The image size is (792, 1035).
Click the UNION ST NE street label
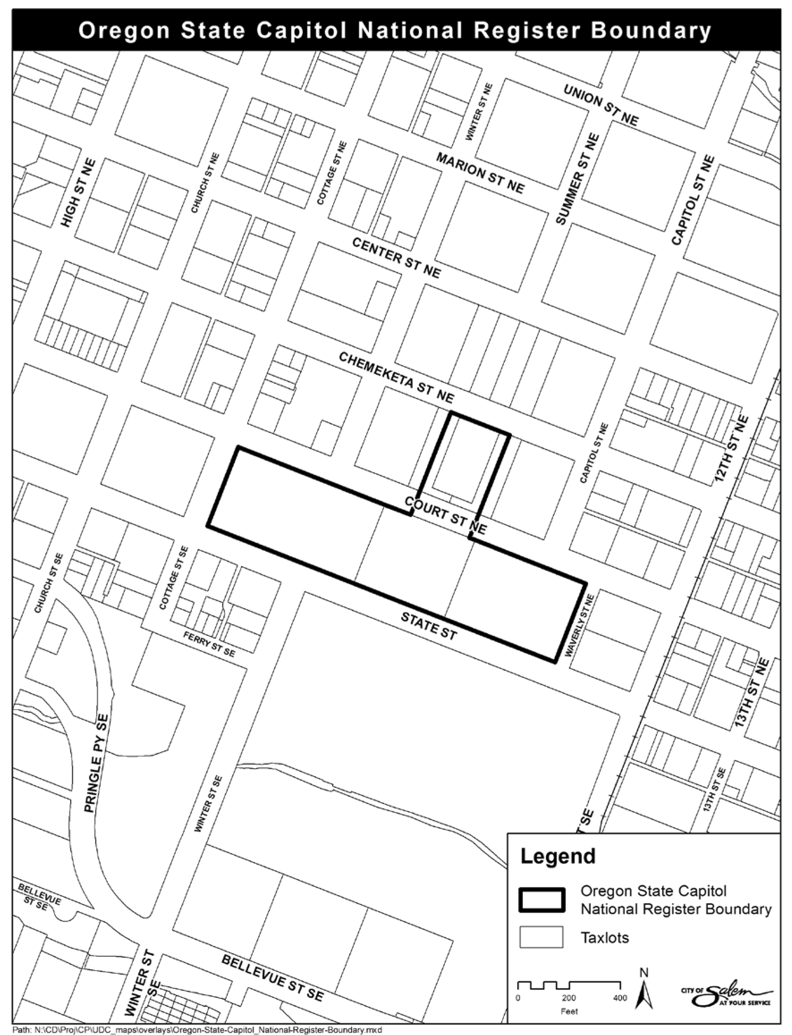coord(601,105)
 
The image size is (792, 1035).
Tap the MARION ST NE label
coord(480,173)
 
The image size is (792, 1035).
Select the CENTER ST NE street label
coord(397,258)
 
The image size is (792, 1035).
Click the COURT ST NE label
coord(445,515)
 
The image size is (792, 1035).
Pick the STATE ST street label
coord(428,626)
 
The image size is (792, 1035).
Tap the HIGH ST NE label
coord(79,193)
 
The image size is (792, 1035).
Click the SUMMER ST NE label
coord(578,179)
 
